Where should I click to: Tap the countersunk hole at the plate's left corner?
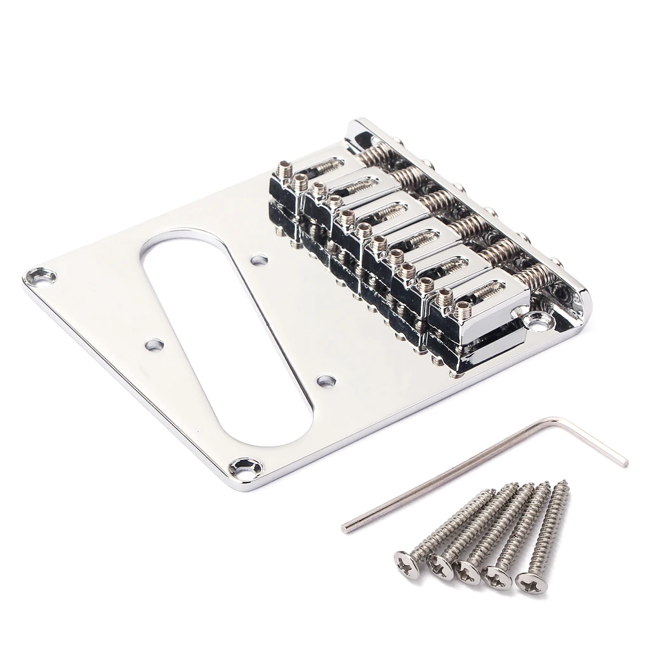pyautogui.click(x=39, y=276)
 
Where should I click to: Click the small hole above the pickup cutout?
pyautogui.click(x=258, y=260)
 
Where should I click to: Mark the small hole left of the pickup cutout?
pyautogui.click(x=154, y=345)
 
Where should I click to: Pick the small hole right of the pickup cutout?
pyautogui.click(x=326, y=381)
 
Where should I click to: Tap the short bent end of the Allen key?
pyautogui.click(x=619, y=459)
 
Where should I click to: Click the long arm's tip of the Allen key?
pyautogui.click(x=345, y=527)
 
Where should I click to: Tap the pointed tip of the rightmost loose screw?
pyautogui.click(x=565, y=484)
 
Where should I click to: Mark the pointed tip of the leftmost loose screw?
pyautogui.click(x=492, y=491)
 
